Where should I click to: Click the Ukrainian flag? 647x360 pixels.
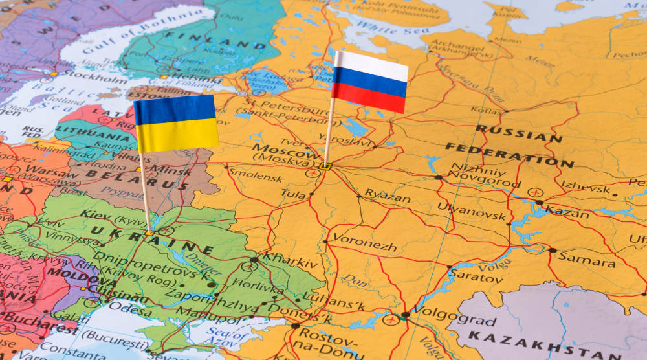click(x=176, y=123)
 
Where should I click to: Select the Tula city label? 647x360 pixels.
click(x=293, y=193)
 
